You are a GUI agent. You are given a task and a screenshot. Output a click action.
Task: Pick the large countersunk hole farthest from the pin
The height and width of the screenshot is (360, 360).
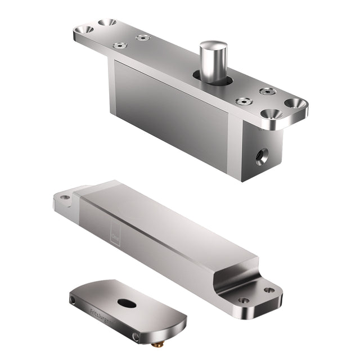click(86, 29)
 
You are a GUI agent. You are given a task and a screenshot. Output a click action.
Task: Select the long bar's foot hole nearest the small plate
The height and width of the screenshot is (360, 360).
click(244, 300)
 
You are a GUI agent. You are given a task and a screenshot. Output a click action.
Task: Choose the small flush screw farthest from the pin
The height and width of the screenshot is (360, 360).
click(118, 45)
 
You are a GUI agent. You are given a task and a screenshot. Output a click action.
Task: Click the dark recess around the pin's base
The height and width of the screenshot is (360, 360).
click(213, 79)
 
